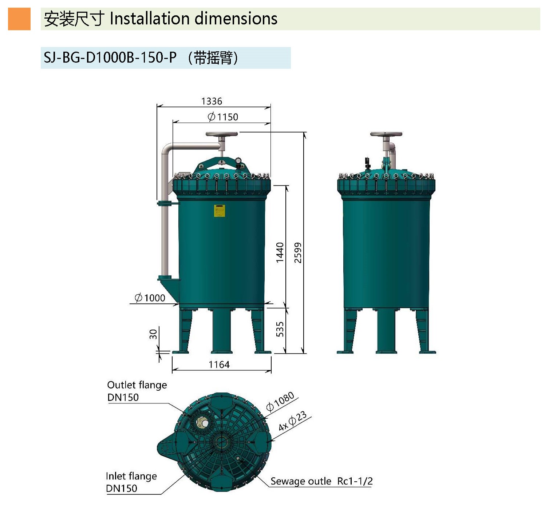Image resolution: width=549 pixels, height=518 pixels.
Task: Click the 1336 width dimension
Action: (212, 101)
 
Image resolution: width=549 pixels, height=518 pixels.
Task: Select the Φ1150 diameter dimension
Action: (223, 117)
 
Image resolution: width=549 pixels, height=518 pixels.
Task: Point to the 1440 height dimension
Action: (280, 252)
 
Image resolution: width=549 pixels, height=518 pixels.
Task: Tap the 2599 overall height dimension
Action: (298, 252)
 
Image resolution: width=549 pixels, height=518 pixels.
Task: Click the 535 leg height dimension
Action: (280, 329)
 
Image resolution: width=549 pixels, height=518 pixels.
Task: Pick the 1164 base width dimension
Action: (219, 364)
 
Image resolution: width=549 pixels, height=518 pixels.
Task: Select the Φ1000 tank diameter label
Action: (150, 298)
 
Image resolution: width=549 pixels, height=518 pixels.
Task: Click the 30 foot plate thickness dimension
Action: (153, 334)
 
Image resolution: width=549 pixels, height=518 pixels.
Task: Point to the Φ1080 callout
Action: (280, 401)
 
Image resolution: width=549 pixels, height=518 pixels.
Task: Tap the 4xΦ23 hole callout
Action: (292, 421)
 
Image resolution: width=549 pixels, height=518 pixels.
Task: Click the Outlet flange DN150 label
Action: (137, 391)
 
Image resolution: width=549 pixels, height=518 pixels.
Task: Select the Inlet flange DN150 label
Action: (131, 482)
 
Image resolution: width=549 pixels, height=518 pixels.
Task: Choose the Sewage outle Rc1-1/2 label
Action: (321, 481)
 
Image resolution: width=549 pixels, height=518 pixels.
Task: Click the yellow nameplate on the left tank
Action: (220, 211)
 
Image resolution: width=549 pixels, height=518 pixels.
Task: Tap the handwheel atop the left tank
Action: (221, 134)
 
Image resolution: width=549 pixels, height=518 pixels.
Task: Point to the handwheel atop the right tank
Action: (386, 134)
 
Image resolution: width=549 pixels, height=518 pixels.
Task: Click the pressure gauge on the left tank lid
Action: (238, 160)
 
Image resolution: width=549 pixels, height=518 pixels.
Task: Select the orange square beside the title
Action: (19, 19)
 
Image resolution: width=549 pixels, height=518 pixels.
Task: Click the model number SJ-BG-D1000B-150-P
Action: (110, 57)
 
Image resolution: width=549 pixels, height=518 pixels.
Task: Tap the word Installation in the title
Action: (150, 19)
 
